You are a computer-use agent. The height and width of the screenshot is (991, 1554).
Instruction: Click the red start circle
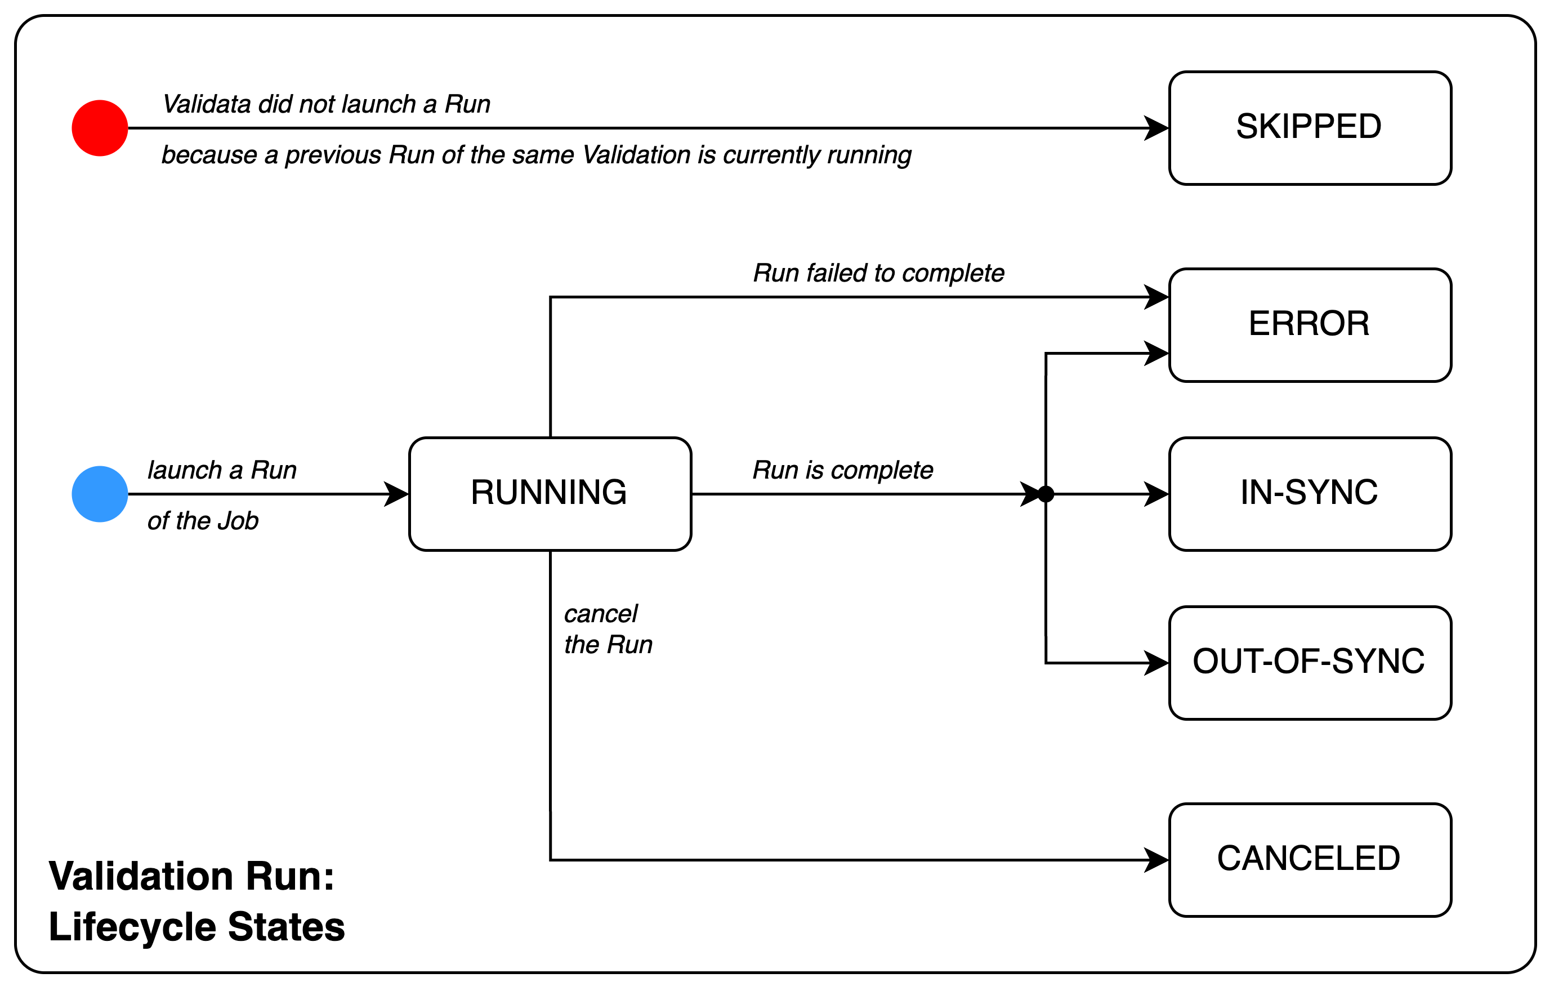(x=100, y=128)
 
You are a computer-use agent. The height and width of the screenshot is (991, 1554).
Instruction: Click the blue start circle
(x=100, y=494)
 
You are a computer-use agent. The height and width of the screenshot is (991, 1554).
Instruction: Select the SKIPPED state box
(x=1310, y=128)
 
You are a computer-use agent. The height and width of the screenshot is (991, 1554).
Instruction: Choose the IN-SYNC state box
(x=1310, y=494)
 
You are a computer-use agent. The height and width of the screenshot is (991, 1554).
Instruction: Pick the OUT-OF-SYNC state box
(x=1310, y=663)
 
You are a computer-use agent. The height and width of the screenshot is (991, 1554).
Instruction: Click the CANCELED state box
(x=1310, y=860)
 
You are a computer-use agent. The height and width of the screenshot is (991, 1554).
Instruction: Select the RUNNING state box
(x=550, y=494)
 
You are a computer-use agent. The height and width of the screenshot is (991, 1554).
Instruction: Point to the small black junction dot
(x=1046, y=494)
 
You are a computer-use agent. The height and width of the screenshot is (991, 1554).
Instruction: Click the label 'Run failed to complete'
(x=878, y=274)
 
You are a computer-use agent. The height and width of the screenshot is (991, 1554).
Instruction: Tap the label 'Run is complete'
(x=842, y=470)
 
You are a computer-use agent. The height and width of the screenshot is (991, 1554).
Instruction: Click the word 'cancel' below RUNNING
(x=600, y=614)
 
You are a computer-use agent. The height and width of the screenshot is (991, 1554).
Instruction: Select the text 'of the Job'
(x=203, y=521)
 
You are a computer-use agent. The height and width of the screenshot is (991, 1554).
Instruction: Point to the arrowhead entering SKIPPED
(x=1157, y=128)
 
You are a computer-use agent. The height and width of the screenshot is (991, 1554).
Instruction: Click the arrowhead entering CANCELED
(x=1157, y=860)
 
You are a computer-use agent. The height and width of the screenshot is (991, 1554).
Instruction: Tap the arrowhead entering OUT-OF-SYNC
(x=1157, y=663)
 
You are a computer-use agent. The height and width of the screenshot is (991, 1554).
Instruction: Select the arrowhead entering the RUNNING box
(x=398, y=494)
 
